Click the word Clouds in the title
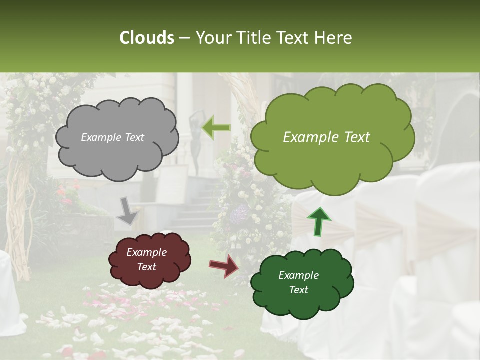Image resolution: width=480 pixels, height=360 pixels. tap(147, 38)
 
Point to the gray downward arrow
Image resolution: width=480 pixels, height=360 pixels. tap(127, 210)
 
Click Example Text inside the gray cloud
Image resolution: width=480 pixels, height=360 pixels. tap(112, 137)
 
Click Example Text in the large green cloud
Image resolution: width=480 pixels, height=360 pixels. tap(326, 137)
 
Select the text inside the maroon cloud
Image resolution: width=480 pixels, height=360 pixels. tap(146, 260)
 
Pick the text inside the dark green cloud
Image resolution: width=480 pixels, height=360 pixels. tap(298, 283)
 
